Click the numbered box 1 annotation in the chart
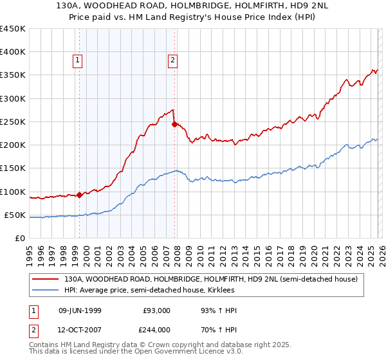(77, 61)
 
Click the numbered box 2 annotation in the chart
(173, 61)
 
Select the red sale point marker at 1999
(79, 195)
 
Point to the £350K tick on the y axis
(13, 75)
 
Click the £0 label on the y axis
(20, 238)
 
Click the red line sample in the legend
(45, 279)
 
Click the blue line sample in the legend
(45, 291)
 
